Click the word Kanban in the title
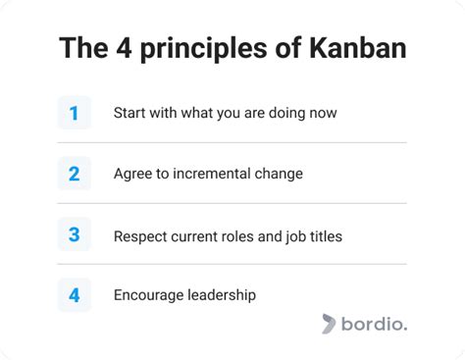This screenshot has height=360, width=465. point(358,48)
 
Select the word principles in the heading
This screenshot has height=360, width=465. point(195,48)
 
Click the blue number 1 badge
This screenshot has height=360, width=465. point(74,113)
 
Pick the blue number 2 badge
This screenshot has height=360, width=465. point(74,174)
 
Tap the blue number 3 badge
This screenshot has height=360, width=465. point(74,234)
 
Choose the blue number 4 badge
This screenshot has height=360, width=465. point(74,294)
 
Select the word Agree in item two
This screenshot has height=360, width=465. point(132,174)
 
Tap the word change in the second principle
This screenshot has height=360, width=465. point(278,174)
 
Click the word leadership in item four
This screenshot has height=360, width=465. point(221,294)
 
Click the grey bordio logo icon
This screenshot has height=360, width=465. point(332,324)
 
